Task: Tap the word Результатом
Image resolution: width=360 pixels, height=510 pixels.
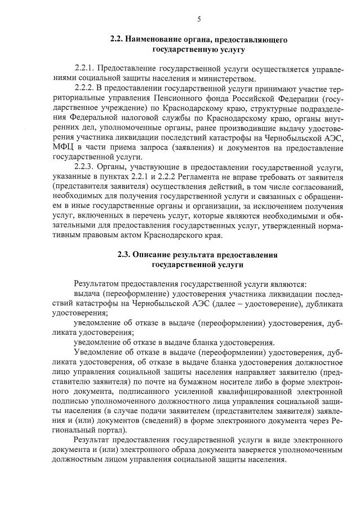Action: pos(99,285)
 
